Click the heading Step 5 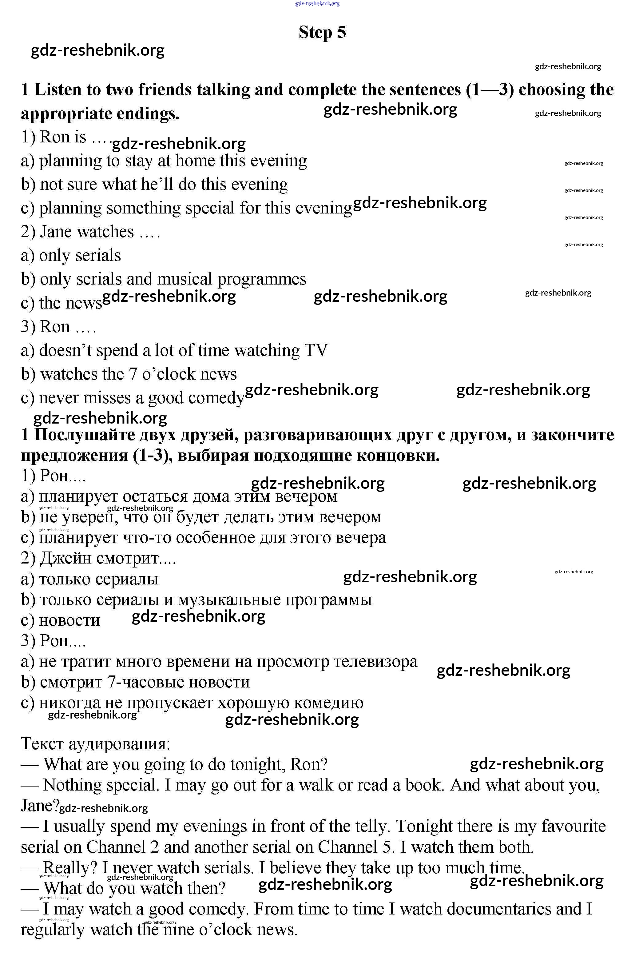coord(322,32)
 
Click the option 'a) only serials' coord(71,256)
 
